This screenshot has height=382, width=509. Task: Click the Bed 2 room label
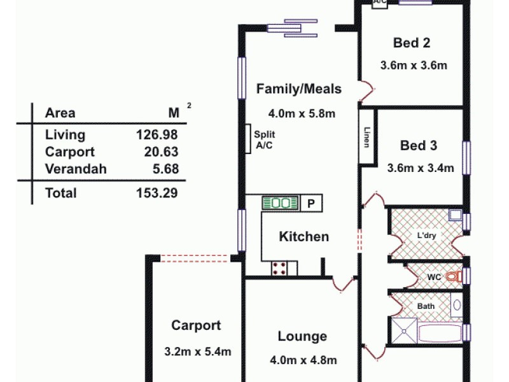pyautogui.click(x=412, y=43)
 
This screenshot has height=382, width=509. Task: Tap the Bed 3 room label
pyautogui.click(x=419, y=146)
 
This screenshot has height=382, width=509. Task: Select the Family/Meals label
pyautogui.click(x=298, y=89)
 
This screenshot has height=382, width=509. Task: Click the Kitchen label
pyautogui.click(x=304, y=237)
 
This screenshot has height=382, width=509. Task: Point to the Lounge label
pyautogui.click(x=302, y=337)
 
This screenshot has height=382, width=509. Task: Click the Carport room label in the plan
pyautogui.click(x=196, y=326)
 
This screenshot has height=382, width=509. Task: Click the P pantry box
pyautogui.click(x=311, y=204)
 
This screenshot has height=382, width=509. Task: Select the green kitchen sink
pyautogui.click(x=281, y=203)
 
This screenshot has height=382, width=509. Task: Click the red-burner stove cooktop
pyautogui.click(x=279, y=269)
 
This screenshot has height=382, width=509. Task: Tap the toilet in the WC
pyautogui.click(x=452, y=277)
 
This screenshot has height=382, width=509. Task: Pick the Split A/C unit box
pyautogui.click(x=248, y=139)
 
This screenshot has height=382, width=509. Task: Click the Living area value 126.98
pyautogui.click(x=157, y=134)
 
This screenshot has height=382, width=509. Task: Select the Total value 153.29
pyautogui.click(x=157, y=193)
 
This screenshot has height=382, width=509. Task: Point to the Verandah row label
pyautogui.click(x=76, y=169)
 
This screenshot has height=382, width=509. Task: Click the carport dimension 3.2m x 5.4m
pyautogui.click(x=197, y=351)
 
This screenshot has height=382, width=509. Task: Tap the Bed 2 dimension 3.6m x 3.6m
pyautogui.click(x=414, y=65)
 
